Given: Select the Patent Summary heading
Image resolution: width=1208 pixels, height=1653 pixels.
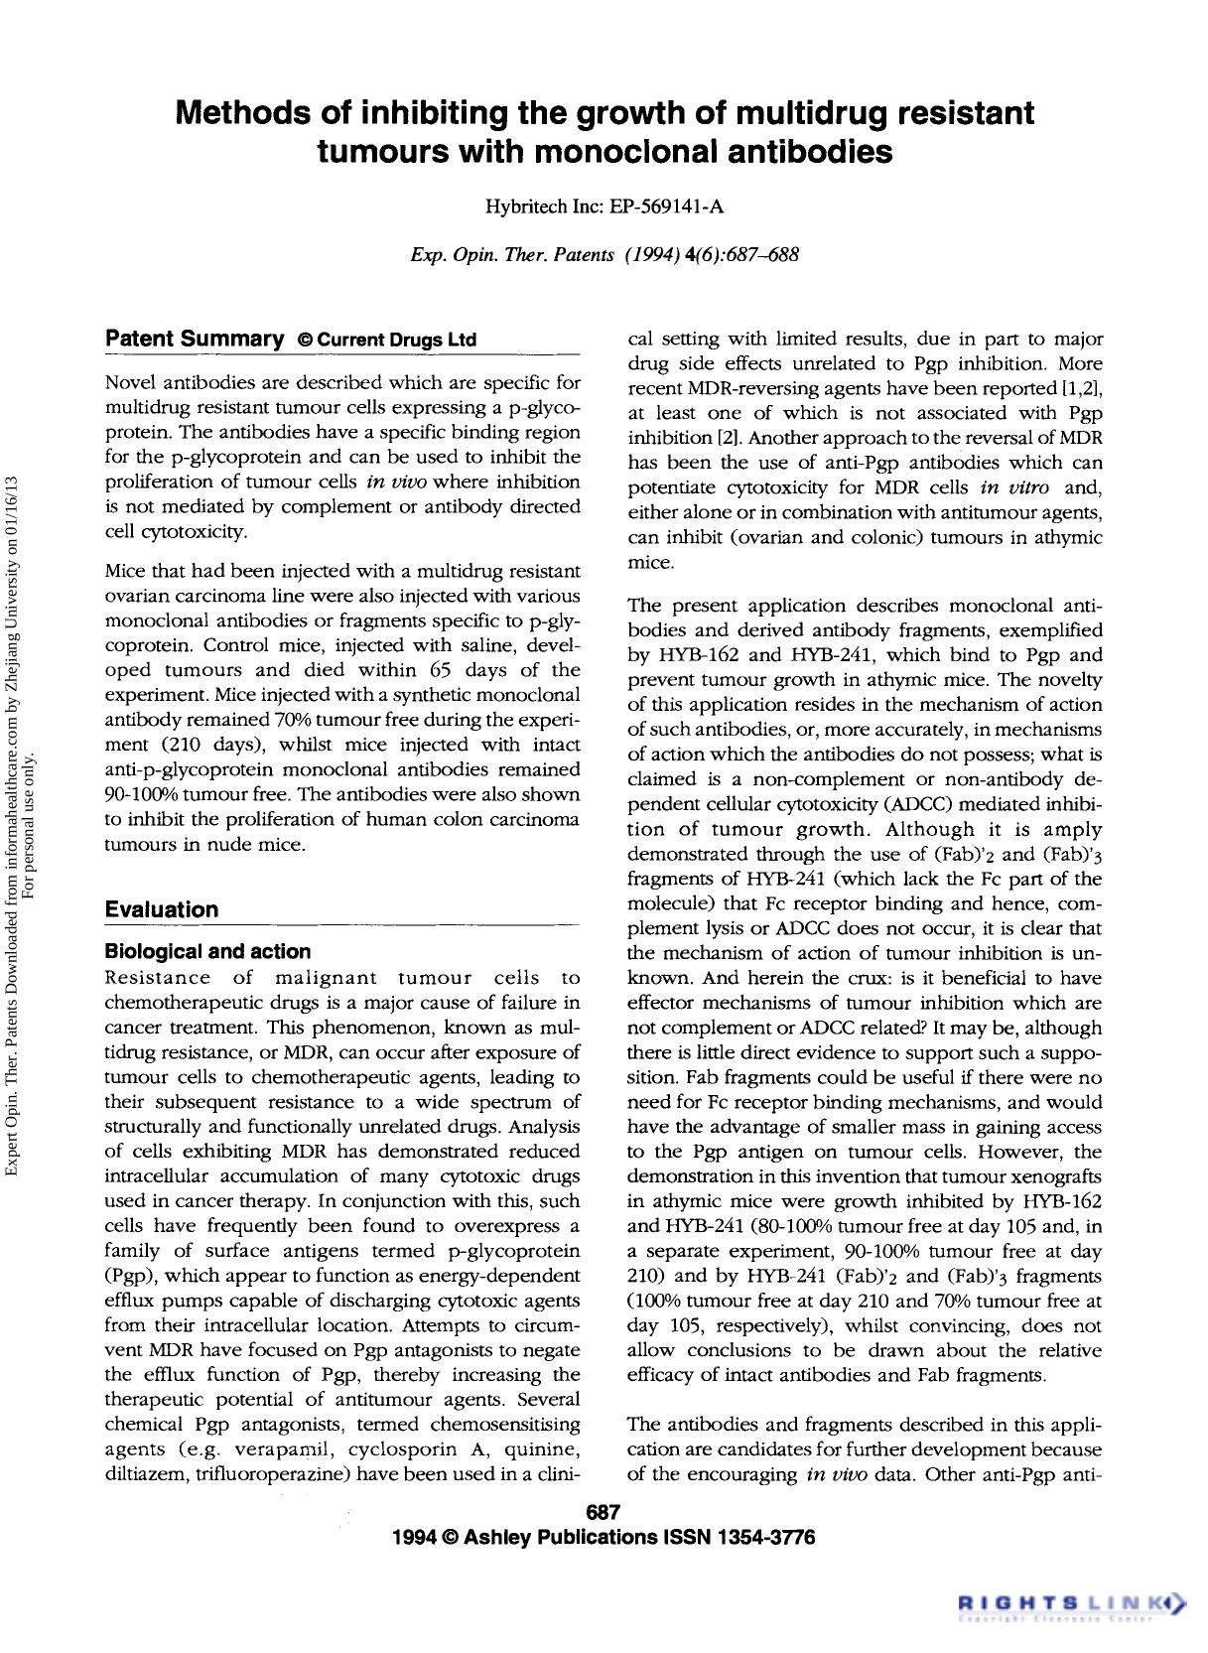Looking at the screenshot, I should [x=195, y=339].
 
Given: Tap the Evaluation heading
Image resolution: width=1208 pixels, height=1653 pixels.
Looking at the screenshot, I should [x=162, y=909].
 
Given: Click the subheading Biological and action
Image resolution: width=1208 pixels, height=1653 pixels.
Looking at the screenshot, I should [x=207, y=951].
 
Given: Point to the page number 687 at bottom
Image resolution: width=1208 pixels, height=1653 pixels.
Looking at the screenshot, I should [x=604, y=1513].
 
